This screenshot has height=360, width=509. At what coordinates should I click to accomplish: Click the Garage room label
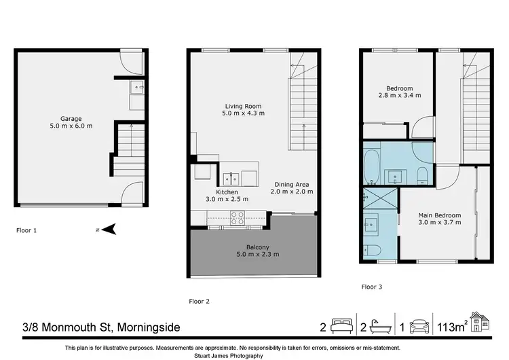[x=71, y=118]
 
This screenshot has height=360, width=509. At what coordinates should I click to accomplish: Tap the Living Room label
[x=244, y=106]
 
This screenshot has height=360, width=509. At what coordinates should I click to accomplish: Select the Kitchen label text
[x=227, y=192]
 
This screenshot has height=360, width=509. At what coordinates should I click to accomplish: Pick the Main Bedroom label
[x=439, y=215]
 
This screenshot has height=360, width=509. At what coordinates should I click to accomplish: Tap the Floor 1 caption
[x=26, y=230]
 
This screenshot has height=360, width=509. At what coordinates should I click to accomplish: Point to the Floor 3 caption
[x=371, y=287]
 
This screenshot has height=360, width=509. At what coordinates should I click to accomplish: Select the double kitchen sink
[x=231, y=179]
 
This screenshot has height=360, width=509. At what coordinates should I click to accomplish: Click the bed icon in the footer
[x=339, y=327]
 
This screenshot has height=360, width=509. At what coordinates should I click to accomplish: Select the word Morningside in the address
[x=149, y=327]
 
